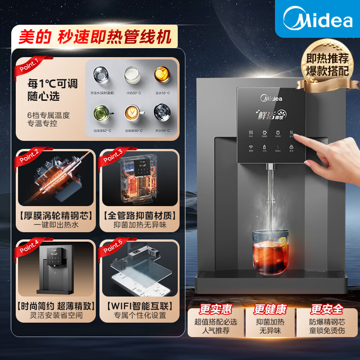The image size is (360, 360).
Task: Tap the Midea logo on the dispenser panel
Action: pos(271,98)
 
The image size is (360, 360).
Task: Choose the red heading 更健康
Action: pos(270,310)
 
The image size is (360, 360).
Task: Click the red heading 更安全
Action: pos(326,310)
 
